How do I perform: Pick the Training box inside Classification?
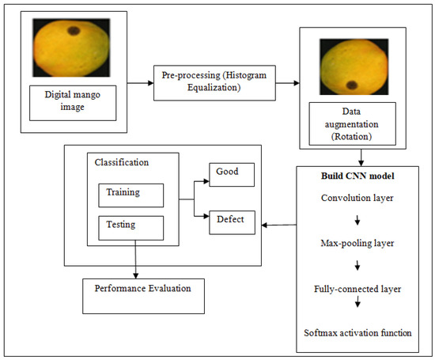(130, 195)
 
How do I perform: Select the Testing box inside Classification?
(130, 227)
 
